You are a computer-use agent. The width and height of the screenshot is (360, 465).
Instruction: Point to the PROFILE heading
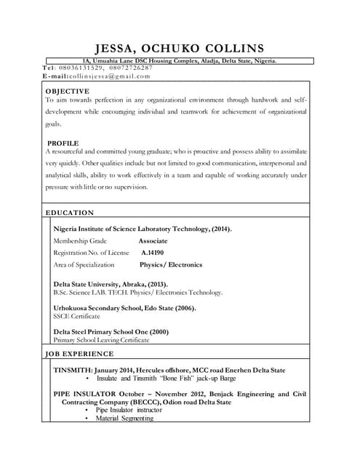coord(63,143)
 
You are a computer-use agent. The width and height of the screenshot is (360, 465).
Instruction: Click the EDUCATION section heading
coord(70,213)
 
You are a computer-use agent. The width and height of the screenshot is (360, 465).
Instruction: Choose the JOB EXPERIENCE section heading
coord(79,354)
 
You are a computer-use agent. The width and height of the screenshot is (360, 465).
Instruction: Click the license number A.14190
coord(152,253)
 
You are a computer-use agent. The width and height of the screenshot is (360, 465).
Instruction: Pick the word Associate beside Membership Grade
coord(153,240)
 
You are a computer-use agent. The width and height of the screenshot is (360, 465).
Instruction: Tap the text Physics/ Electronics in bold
coord(171,265)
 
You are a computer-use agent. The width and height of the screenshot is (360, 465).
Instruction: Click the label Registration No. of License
coord(91,253)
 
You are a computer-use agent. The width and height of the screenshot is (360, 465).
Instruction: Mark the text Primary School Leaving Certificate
coord(101,340)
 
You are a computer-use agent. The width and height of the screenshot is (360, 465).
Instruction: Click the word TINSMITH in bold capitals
coord(72,370)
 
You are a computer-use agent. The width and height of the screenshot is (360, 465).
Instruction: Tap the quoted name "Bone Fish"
coord(175,379)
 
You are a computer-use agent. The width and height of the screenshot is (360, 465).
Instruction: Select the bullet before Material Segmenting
coord(87,418)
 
